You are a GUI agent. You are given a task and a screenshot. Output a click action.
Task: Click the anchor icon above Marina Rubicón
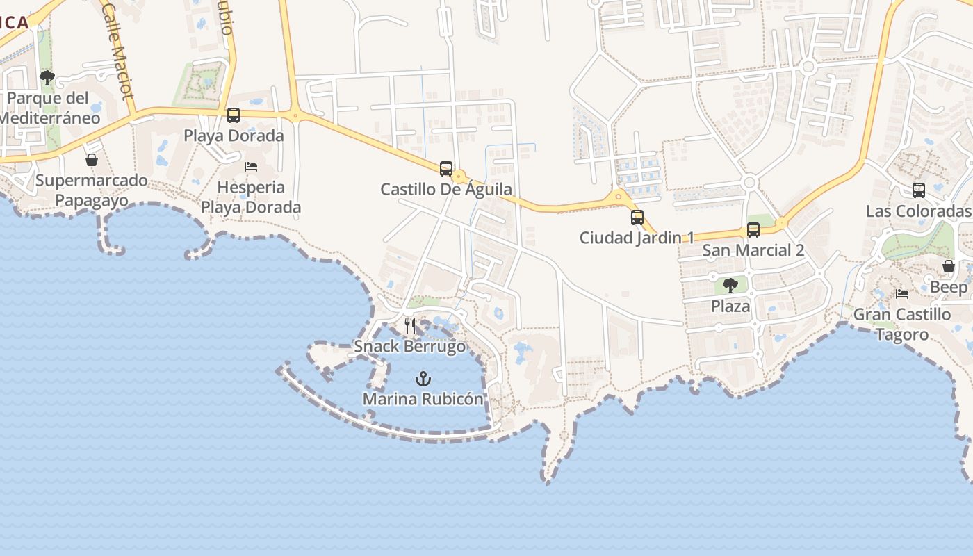point(423,379)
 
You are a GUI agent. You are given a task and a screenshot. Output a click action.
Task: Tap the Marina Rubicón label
point(423,399)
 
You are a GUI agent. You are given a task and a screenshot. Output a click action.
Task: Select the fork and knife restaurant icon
point(410,326)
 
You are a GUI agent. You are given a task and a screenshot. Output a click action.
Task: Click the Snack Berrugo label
point(410,346)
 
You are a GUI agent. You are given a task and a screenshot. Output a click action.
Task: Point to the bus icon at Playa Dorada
point(234,115)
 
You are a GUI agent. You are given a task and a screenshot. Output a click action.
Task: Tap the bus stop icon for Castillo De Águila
point(446,169)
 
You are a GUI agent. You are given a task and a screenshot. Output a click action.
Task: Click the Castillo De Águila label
point(446,189)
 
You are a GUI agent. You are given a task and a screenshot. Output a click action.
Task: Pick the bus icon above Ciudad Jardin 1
point(637,218)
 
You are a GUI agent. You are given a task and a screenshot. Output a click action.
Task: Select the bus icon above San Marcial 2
point(753,230)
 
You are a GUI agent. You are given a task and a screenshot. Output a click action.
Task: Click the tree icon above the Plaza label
point(730,286)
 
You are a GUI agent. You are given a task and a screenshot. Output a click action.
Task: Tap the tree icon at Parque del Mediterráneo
point(47,78)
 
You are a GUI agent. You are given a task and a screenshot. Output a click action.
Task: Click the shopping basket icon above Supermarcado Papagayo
point(92,161)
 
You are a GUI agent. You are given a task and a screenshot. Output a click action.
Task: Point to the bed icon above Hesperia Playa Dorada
point(251,167)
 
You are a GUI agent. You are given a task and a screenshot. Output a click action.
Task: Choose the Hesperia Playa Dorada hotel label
point(251,197)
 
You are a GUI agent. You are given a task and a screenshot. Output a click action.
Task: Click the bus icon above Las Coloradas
point(919,190)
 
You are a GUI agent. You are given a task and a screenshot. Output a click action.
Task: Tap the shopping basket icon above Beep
point(949,267)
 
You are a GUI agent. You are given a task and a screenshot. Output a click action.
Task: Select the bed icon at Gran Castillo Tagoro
point(902,294)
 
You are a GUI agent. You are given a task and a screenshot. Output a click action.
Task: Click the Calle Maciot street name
point(117,51)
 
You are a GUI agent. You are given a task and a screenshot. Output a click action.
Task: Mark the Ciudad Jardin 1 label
point(637,238)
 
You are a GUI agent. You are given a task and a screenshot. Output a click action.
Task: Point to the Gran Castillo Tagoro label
point(902,325)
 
